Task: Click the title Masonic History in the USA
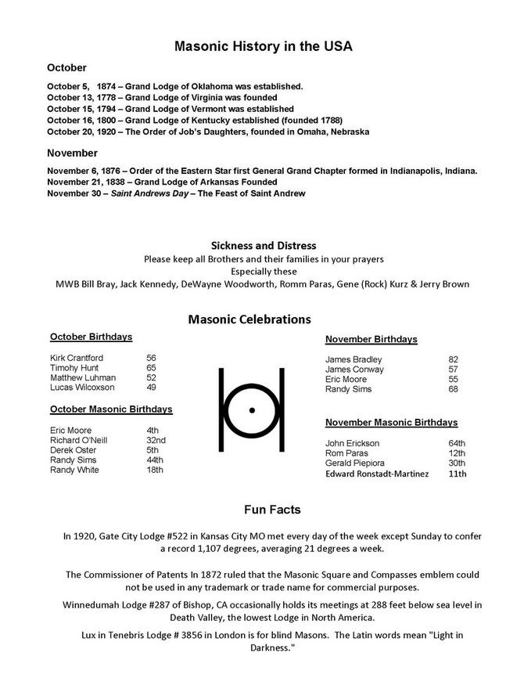[263, 47]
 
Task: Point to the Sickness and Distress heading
[263, 246]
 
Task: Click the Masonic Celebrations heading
[249, 319]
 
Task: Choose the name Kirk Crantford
[77, 358]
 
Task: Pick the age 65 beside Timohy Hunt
[151, 368]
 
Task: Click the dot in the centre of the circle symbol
[251, 409]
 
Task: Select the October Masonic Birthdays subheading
[111, 409]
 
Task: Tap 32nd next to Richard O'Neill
[156, 440]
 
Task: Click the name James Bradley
[354, 359]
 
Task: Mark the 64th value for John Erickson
[457, 444]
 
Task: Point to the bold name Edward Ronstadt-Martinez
[377, 474]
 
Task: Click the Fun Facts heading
[271, 510]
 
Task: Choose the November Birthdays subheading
[371, 340]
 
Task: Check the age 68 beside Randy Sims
[454, 389]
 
